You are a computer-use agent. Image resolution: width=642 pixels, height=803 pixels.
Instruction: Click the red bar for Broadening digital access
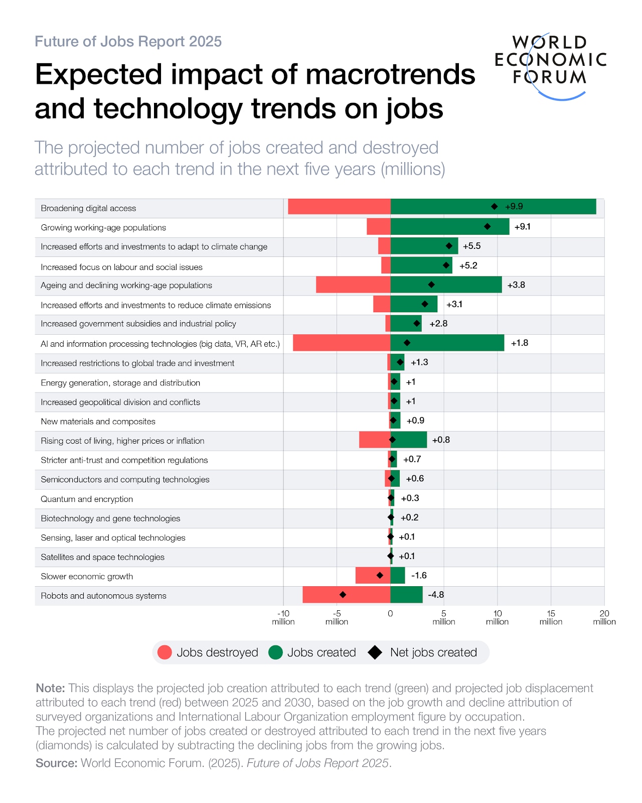click(339, 206)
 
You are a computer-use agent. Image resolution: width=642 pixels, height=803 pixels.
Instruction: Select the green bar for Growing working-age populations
click(449, 226)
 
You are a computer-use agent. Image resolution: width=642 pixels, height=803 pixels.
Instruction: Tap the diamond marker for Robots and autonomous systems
click(343, 595)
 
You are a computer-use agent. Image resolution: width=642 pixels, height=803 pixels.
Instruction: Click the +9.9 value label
click(514, 206)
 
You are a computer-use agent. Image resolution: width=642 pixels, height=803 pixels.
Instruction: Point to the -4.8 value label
click(436, 595)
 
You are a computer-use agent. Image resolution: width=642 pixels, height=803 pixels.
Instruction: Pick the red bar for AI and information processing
click(342, 343)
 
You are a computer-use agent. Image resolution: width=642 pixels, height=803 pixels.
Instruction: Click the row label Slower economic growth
click(87, 576)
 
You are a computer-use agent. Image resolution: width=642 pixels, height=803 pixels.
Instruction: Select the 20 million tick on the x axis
click(604, 617)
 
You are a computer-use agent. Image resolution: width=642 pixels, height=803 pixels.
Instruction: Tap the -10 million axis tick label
click(283, 617)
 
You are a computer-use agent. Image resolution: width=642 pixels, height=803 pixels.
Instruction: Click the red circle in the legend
click(165, 652)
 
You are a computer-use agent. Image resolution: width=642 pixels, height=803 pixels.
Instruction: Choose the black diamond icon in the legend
click(375, 652)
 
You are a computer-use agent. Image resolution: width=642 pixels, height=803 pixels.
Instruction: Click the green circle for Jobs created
click(275, 652)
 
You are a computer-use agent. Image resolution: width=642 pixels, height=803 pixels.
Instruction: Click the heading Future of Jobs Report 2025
click(128, 41)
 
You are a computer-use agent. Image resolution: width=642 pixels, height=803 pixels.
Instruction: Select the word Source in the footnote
click(56, 763)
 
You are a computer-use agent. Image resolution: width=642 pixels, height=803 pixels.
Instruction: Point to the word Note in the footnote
click(50, 688)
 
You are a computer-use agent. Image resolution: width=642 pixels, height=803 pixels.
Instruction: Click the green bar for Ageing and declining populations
click(446, 285)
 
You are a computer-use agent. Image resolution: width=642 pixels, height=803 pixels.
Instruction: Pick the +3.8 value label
click(516, 285)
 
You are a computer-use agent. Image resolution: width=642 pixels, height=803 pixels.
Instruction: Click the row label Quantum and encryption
click(87, 499)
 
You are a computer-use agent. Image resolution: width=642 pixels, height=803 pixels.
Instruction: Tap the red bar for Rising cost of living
click(374, 440)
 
